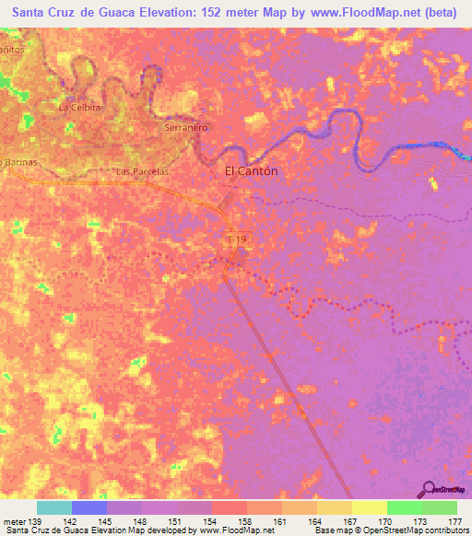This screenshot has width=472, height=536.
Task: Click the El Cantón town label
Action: coord(252,171)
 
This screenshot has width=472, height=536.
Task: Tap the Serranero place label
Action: coord(183,127)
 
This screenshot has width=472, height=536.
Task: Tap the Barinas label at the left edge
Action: coord(18,161)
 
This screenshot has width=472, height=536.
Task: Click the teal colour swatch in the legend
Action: coord(53,507)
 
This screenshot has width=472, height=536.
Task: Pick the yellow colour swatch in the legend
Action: coord(369,507)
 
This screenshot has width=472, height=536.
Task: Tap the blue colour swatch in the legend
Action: coord(88,507)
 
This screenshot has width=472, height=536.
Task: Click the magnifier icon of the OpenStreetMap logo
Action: coord(430,489)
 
